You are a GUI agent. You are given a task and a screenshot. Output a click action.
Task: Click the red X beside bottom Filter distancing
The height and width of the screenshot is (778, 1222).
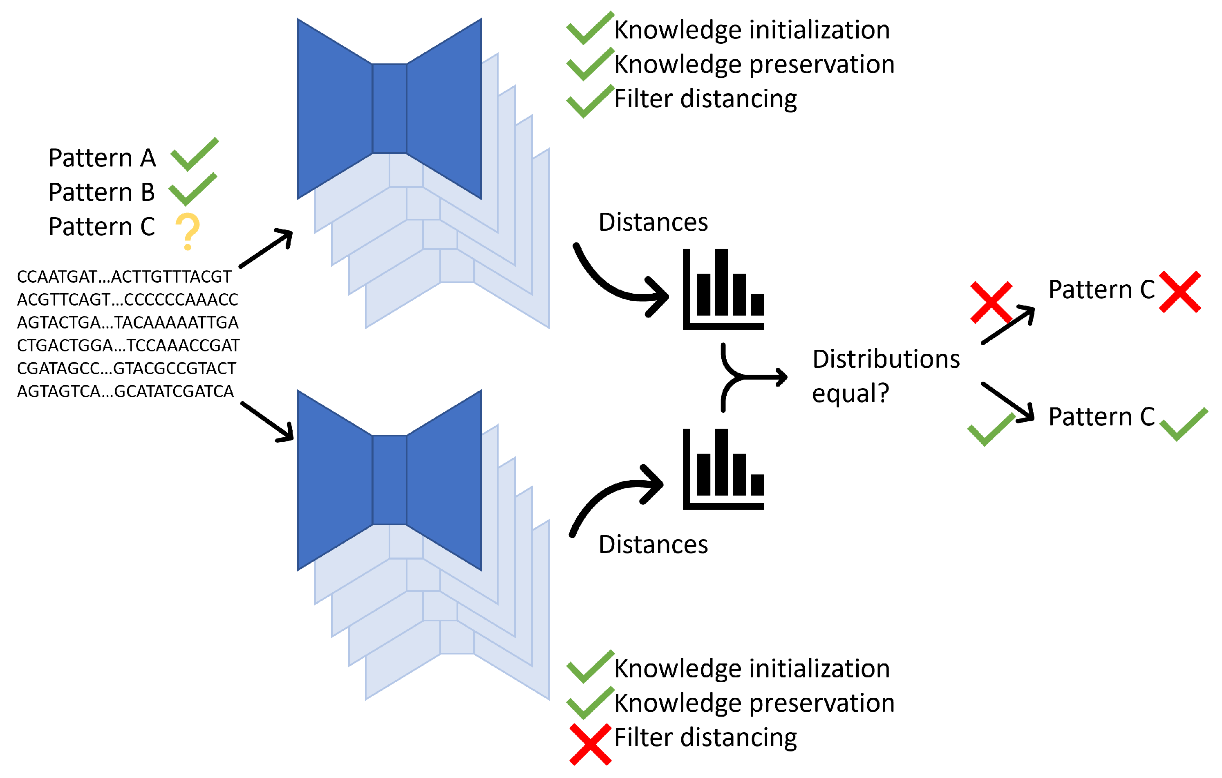pyautogui.click(x=590, y=744)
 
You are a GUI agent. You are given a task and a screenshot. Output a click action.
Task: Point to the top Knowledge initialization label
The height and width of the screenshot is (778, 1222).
pyautogui.click(x=752, y=29)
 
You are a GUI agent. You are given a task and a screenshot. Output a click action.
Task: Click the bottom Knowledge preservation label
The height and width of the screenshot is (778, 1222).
pyautogui.click(x=754, y=703)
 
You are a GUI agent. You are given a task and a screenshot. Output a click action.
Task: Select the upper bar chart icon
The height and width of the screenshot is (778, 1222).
pyautogui.click(x=723, y=290)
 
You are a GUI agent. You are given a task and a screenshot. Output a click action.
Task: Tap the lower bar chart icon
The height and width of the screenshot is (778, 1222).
pyautogui.click(x=723, y=469)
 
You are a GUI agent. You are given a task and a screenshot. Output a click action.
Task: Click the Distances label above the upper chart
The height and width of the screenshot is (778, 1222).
pyautogui.click(x=653, y=222)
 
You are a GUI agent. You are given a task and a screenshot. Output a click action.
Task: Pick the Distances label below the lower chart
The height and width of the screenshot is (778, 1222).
pyautogui.click(x=653, y=544)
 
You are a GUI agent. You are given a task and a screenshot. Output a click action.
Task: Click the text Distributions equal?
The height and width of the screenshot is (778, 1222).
pyautogui.click(x=885, y=376)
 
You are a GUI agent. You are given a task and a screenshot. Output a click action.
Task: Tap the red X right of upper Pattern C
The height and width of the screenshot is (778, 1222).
pyautogui.click(x=1180, y=292)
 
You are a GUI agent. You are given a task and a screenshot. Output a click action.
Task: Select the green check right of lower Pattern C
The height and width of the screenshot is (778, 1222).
pyautogui.click(x=1184, y=424)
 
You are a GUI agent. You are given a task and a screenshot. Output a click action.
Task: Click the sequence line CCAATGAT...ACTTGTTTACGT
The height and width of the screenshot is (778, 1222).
pyautogui.click(x=124, y=277)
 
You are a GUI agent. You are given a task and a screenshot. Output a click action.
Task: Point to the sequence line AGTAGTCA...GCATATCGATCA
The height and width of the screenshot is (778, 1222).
pyautogui.click(x=125, y=391)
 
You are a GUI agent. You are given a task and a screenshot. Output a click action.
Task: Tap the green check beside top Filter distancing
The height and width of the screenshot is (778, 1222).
pyautogui.click(x=589, y=101)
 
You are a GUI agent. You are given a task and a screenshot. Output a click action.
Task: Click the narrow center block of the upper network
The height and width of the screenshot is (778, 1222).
pyautogui.click(x=389, y=108)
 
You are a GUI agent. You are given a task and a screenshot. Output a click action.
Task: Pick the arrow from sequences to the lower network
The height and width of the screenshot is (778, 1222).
pyautogui.click(x=266, y=421)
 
